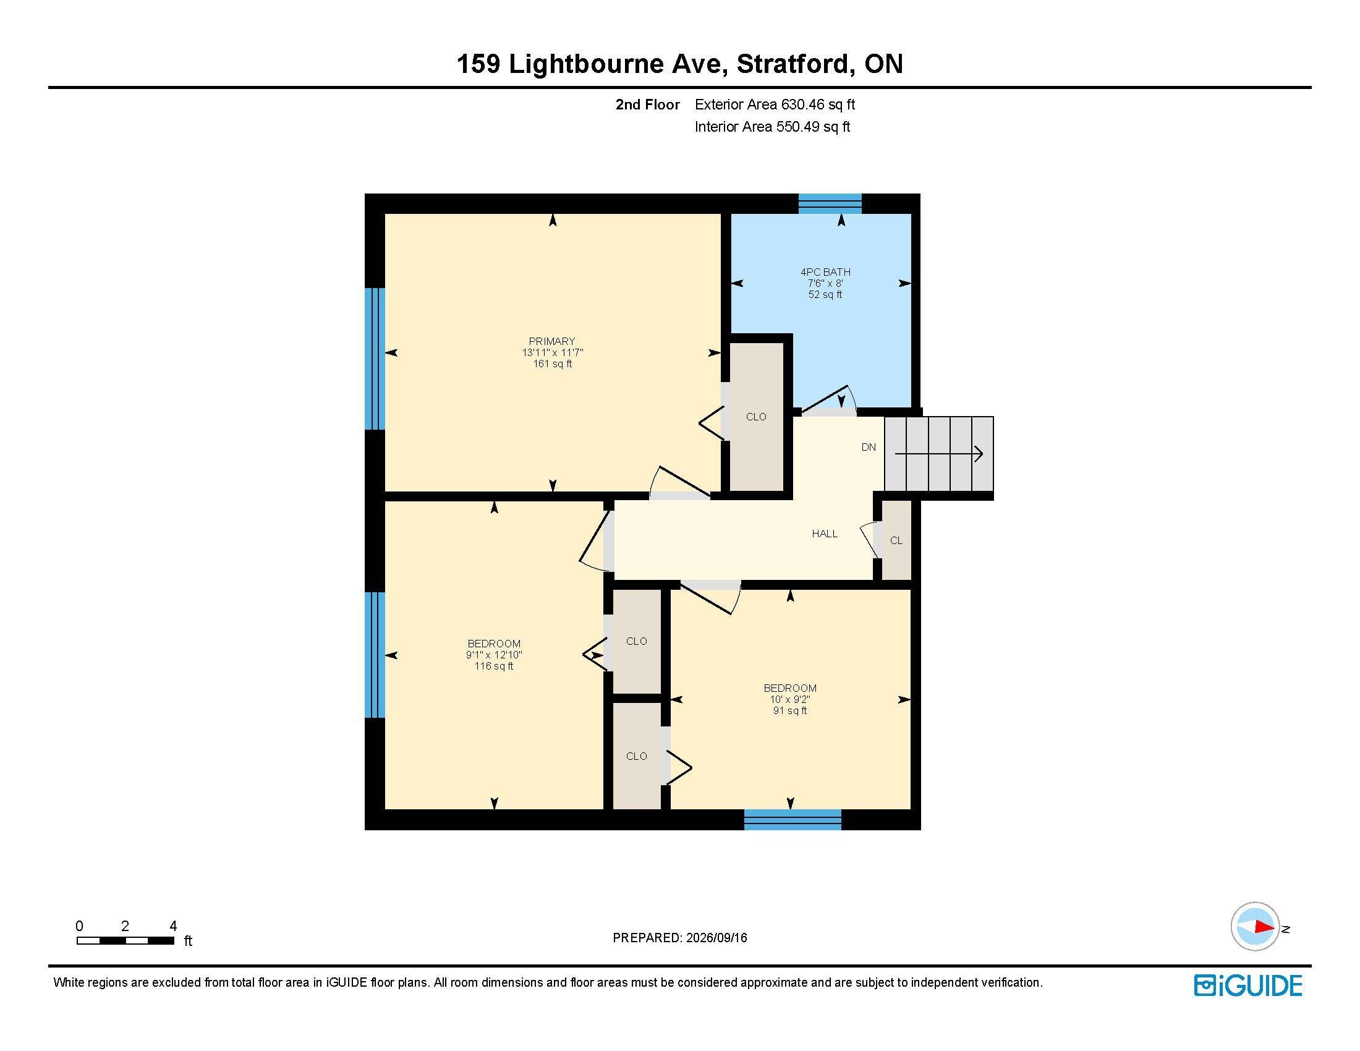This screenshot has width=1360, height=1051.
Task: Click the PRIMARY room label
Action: click(551, 341)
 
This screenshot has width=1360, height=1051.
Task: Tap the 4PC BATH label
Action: click(825, 272)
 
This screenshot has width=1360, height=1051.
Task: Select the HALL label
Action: click(825, 534)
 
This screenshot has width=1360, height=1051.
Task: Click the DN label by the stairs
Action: click(869, 447)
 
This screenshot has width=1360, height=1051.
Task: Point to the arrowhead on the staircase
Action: click(979, 454)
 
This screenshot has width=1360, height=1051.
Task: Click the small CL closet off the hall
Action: click(896, 540)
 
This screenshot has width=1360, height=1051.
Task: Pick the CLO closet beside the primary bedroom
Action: click(757, 417)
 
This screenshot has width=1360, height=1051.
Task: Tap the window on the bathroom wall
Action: click(830, 203)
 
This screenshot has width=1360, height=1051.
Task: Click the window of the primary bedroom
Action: click(375, 359)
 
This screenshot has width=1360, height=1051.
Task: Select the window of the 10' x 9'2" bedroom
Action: click(793, 819)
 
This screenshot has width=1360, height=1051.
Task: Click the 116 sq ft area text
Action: click(494, 666)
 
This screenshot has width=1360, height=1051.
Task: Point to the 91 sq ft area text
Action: click(790, 710)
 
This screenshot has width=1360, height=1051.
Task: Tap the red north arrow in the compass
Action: click(1265, 927)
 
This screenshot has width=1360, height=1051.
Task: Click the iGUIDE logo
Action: click(1248, 985)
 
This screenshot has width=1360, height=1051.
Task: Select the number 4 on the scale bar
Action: click(173, 926)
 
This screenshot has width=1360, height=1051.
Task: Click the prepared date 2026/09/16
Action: click(716, 938)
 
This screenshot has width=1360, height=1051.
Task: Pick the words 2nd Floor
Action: click(648, 104)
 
